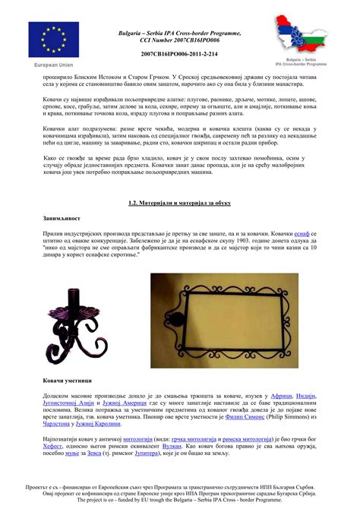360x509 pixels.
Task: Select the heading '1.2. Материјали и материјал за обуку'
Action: pyautogui.click(x=180, y=203)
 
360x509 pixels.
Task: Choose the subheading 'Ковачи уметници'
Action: pyautogui.click(x=68, y=378)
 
